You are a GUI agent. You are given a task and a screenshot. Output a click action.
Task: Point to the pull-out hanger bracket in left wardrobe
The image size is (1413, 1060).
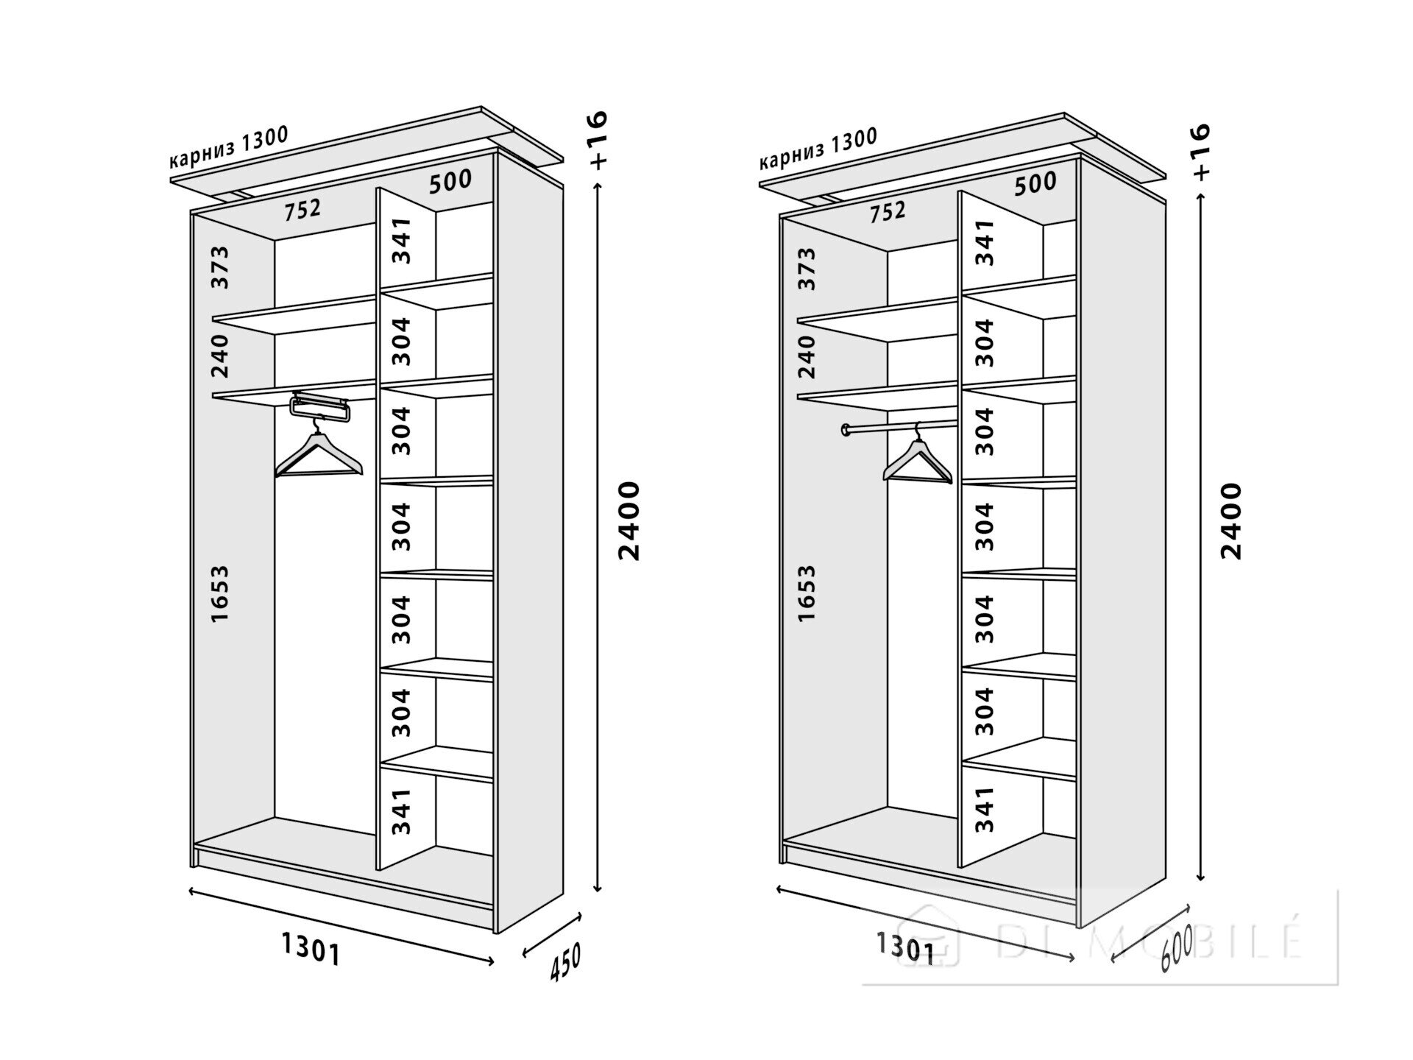click(320, 406)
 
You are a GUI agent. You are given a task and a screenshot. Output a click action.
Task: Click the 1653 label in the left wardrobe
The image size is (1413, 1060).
click(220, 594)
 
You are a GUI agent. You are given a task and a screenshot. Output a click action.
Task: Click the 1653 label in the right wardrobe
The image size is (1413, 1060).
click(807, 593)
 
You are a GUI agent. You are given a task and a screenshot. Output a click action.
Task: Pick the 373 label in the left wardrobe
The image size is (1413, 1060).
click(220, 267)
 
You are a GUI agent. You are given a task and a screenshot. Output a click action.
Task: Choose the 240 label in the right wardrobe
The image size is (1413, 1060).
click(807, 356)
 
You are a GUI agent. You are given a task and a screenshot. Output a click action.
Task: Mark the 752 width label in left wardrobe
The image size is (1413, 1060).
click(303, 211)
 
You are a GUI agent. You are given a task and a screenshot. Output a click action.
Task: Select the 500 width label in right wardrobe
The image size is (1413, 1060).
click(1035, 183)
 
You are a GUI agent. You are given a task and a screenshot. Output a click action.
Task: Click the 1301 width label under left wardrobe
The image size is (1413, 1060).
click(311, 948)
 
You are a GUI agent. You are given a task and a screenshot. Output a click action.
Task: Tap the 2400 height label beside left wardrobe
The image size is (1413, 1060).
click(629, 520)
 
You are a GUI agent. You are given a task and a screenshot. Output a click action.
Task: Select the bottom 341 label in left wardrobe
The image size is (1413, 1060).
click(400, 811)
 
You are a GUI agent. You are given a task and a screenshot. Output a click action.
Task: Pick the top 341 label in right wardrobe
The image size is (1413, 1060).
click(985, 242)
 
